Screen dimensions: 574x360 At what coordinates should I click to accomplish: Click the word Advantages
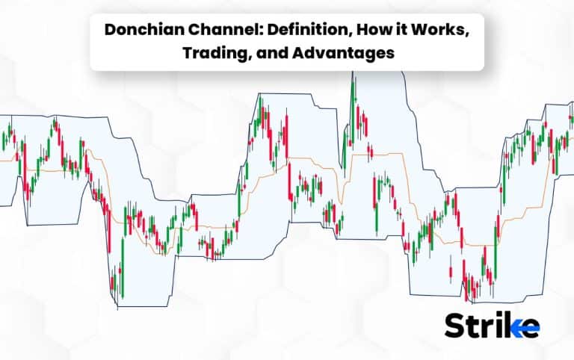pos(343,53)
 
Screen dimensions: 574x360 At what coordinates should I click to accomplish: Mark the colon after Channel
pos(263,31)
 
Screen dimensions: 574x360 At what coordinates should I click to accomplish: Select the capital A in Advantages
pos(299,53)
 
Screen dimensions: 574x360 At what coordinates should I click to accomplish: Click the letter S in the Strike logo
pos(454,325)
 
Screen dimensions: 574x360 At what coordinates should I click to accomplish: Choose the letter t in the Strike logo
pos(472,326)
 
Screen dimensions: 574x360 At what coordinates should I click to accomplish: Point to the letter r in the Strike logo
pos(484,328)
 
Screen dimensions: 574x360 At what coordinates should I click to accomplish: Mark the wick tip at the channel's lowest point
pos(117,309)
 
